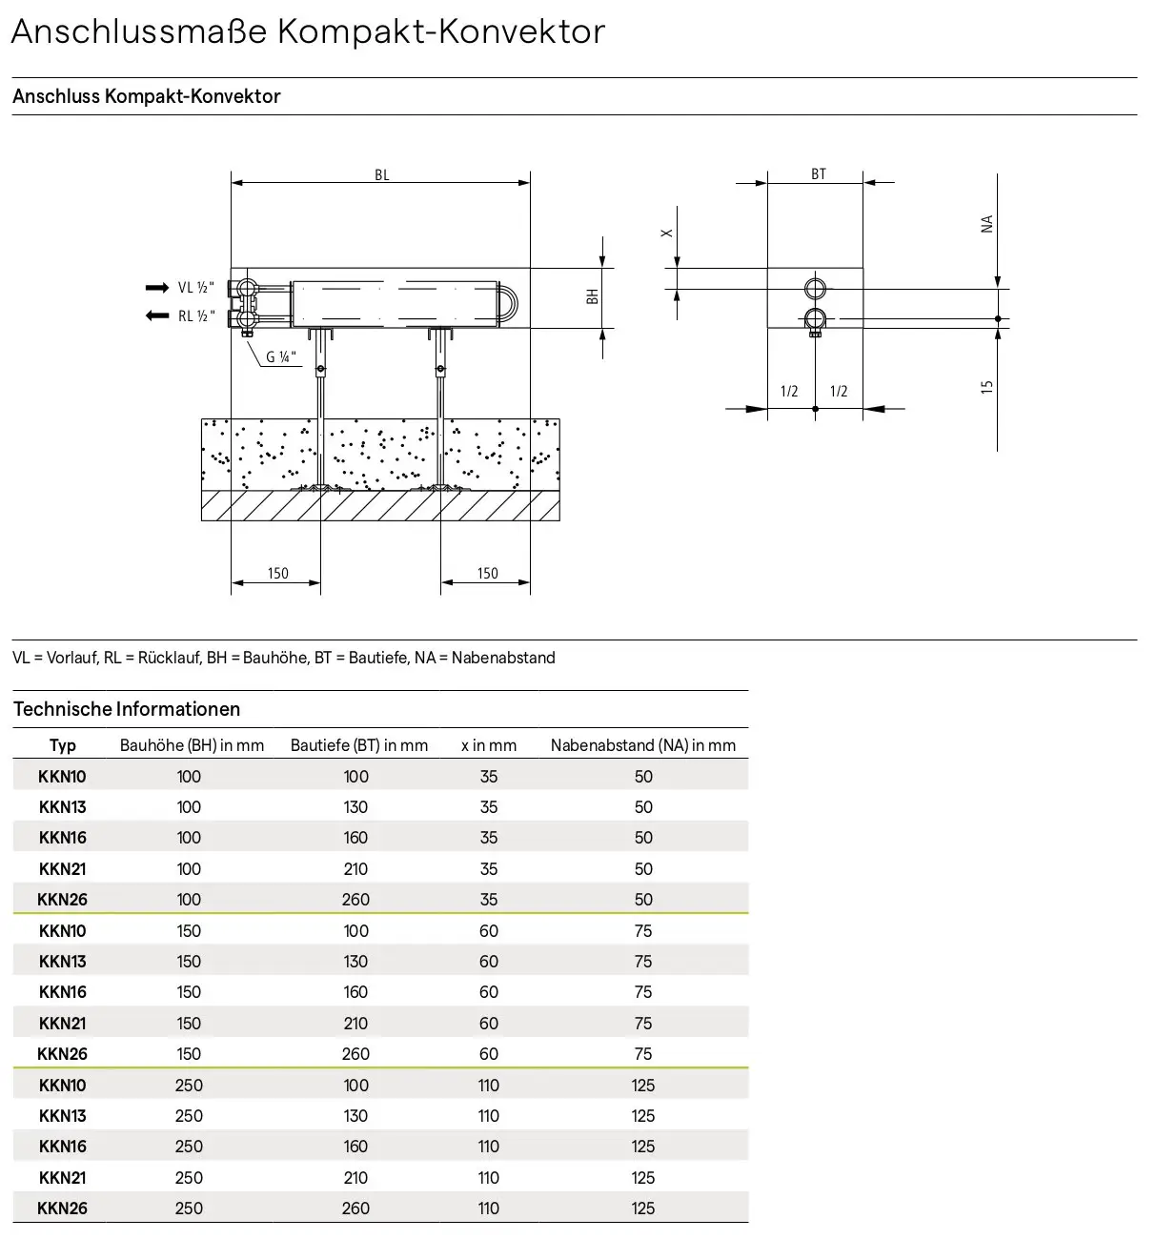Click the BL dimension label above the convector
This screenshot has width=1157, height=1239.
point(382,175)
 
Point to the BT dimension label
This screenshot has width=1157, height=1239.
point(818,174)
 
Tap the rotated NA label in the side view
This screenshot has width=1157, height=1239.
point(986,224)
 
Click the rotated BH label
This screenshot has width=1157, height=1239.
point(592,296)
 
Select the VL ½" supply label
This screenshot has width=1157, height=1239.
point(196,288)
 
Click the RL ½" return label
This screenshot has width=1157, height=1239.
point(196,316)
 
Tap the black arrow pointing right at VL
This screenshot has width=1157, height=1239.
point(157,288)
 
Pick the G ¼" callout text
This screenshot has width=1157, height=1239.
point(281,356)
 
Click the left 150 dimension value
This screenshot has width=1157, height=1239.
point(277,574)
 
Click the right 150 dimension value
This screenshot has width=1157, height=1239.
point(487,574)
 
